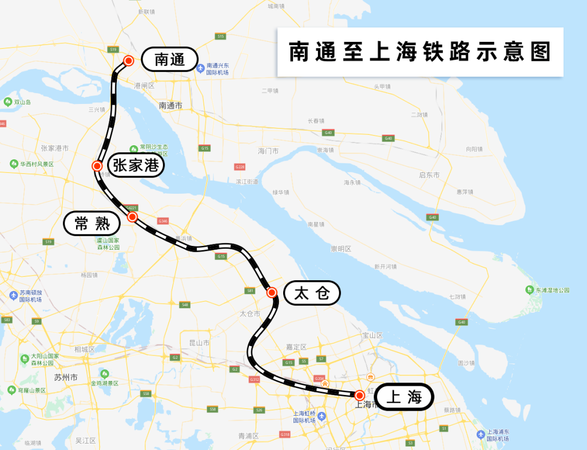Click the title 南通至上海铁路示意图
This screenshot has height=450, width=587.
tap(420, 52)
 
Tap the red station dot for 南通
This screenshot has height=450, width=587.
tap(129, 60)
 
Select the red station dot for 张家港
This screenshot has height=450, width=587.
tap(97, 166)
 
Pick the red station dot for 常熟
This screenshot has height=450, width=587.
tap(132, 217)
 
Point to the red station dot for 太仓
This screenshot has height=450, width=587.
tap(272, 293)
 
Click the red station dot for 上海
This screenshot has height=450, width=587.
tap(359, 395)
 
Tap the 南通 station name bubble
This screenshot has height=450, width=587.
tap(169, 59)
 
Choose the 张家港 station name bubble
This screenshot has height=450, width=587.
tap(136, 165)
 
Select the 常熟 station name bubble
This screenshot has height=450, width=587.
tap(91, 223)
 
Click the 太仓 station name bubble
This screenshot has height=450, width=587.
tap(312, 293)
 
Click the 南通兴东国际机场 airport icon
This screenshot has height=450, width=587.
tap(201, 68)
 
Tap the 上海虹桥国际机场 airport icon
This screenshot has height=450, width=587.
tap(322, 416)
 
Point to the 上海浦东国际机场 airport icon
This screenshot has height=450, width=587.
tap(480, 434)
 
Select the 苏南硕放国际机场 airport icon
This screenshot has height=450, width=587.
tap(14, 295)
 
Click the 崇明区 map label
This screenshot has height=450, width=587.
tap(341, 249)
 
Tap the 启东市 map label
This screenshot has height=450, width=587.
tap(429, 175)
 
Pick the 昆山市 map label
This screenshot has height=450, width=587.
tap(199, 343)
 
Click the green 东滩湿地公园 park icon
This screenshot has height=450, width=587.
tap(530, 290)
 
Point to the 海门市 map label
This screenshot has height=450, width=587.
tap(268, 151)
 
